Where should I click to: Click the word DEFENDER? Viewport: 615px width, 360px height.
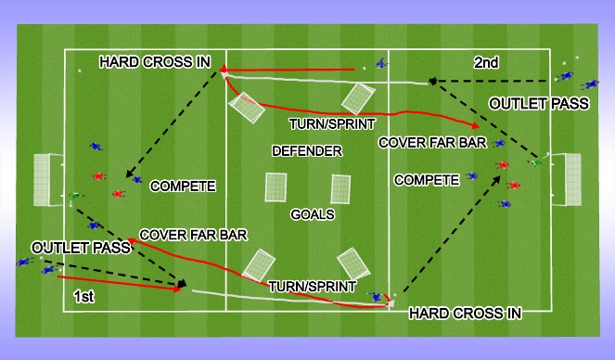pyautogui.click(x=306, y=150)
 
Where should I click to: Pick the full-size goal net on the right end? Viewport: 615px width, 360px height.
pyautogui.click(x=571, y=180)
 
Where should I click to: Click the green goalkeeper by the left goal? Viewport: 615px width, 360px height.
pyautogui.click(x=75, y=197)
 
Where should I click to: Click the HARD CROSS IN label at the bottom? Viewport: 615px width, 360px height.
pyautogui.click(x=465, y=314)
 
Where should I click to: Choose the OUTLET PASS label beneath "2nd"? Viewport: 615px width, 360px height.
pyautogui.click(x=539, y=104)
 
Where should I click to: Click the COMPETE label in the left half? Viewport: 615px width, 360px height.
pyautogui.click(x=182, y=186)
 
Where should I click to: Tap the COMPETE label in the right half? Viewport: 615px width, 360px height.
pyautogui.click(x=427, y=177)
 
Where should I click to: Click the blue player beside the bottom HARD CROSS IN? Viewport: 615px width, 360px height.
pyautogui.click(x=376, y=297)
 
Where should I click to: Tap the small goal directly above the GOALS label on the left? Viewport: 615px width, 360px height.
pyautogui.click(x=276, y=187)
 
